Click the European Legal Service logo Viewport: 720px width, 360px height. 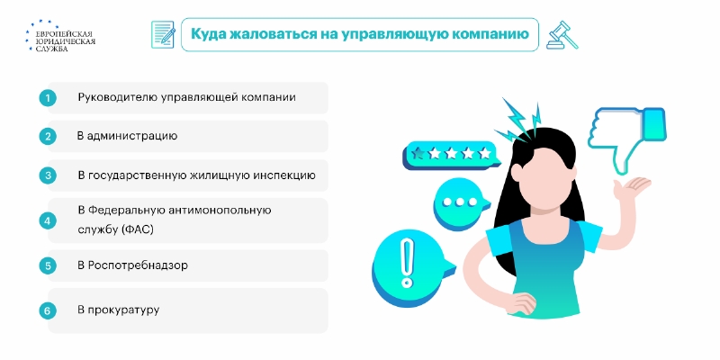click(60, 35)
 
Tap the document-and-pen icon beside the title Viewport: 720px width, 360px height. click(163, 34)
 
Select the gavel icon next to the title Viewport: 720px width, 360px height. click(562, 35)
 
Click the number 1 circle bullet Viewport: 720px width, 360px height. click(48, 98)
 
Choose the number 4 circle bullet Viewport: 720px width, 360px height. click(48, 220)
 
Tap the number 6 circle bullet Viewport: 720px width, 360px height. click(48, 310)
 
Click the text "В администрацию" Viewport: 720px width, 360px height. click(127, 137)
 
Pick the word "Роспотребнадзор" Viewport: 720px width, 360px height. click(138, 265)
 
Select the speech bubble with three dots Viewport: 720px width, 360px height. click(458, 202)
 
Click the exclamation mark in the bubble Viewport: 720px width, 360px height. click(407, 263)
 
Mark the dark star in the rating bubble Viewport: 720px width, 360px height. click(418, 153)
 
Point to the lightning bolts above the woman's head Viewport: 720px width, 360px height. click(518, 120)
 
